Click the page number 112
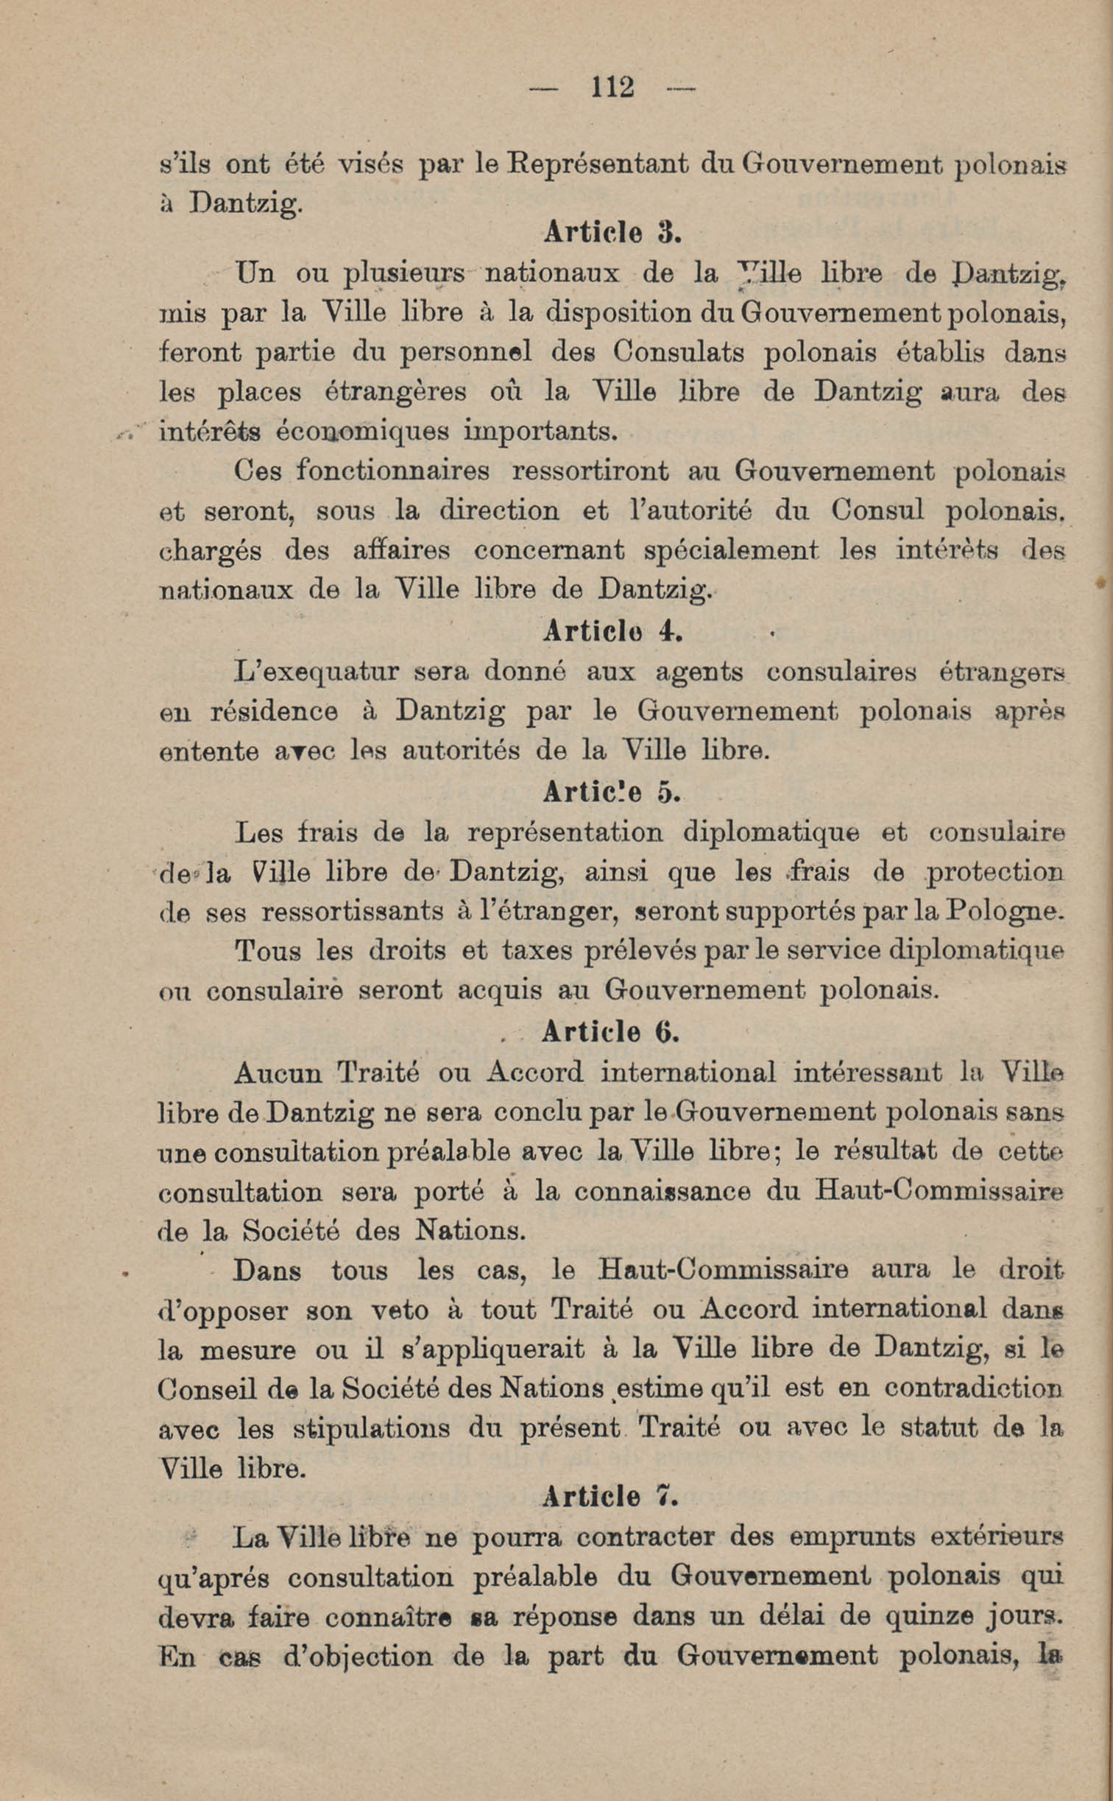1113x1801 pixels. click(x=612, y=88)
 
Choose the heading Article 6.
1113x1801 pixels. click(x=610, y=1031)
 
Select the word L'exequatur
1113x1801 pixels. click(x=316, y=672)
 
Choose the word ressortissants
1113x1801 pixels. click(x=353, y=912)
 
